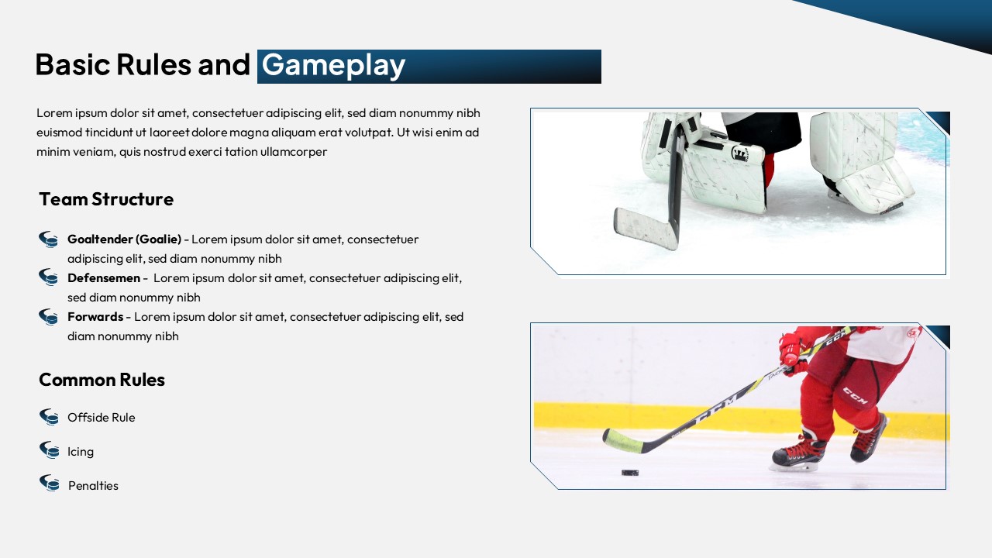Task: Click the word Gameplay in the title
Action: point(333,66)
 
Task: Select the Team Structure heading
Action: point(106,199)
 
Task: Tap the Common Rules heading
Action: point(102,380)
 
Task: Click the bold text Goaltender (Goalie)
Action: point(125,239)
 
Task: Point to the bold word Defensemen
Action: point(104,278)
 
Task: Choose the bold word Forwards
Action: point(95,317)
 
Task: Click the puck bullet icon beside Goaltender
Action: point(48,239)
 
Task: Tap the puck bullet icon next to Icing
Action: point(49,450)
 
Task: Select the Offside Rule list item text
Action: point(101,417)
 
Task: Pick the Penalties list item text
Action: point(93,485)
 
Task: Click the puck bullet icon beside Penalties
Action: point(49,483)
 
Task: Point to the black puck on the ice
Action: point(630,473)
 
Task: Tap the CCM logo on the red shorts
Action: point(855,395)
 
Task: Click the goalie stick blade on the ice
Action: point(646,228)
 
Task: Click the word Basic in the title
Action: point(73,64)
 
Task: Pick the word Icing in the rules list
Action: point(81,452)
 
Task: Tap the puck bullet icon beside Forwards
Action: point(48,317)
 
